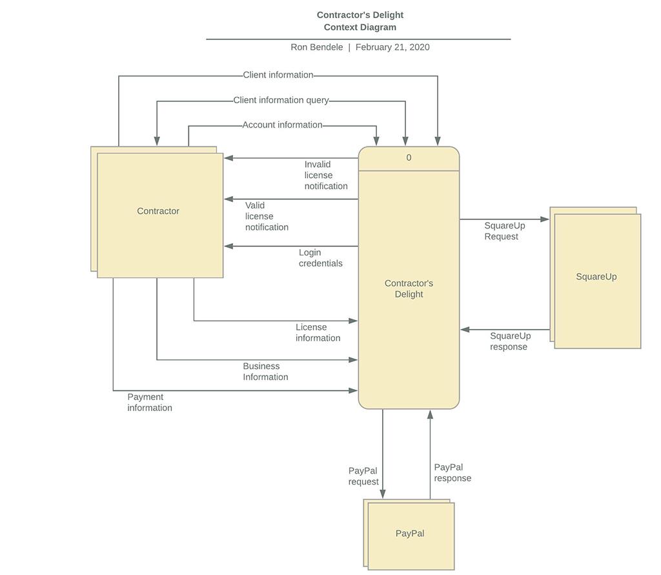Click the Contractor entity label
point(158,211)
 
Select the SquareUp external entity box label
point(596,277)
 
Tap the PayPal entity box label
point(410,534)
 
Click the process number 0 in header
point(409,158)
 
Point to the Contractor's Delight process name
point(409,288)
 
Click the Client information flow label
point(278,75)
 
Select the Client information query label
point(281,100)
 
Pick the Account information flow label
point(282,125)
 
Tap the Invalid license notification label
point(326,175)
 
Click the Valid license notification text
point(267,216)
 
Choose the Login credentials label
point(320,257)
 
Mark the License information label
point(318,332)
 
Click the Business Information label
point(265,371)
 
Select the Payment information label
point(150,402)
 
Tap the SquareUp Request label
point(504,231)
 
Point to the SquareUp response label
point(510,341)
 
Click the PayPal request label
point(363,476)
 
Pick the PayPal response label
point(453,472)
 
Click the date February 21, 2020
point(392,47)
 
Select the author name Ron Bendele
point(316,47)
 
